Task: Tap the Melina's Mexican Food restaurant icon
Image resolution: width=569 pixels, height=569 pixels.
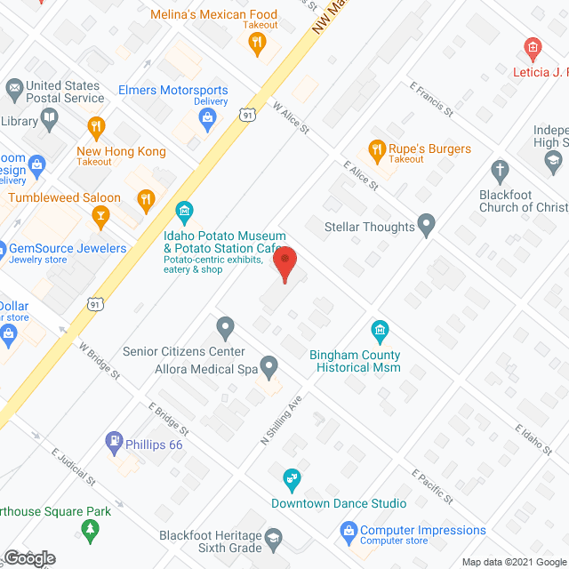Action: coord(257,44)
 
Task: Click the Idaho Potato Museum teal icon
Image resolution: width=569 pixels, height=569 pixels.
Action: coord(185,212)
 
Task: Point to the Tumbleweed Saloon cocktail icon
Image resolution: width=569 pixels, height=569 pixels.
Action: coord(101,214)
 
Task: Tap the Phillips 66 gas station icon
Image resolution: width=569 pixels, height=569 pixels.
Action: coord(114,440)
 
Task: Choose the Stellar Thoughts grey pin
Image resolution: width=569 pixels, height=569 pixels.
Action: coord(428,226)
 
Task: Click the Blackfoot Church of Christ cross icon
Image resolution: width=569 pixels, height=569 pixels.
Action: coord(501,170)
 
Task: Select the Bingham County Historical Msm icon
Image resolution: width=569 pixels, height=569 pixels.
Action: coord(380,333)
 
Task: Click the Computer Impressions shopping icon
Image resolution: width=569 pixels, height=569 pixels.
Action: coord(349,532)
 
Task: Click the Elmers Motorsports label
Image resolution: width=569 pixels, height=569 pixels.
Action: coord(173,91)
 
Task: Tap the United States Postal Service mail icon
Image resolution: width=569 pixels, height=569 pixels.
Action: coord(14,88)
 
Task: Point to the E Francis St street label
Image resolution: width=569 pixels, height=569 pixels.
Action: coord(431,100)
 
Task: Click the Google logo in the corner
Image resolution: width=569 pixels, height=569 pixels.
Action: coord(28,557)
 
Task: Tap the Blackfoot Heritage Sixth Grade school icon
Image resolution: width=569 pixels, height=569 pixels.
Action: coord(273,537)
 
